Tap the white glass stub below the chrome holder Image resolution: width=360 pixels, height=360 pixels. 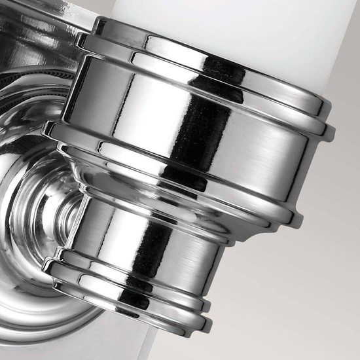(x=148, y=344)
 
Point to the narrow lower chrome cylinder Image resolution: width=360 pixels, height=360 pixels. (x=151, y=242)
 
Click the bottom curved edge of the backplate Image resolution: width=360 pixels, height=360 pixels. (x=52, y=327)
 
